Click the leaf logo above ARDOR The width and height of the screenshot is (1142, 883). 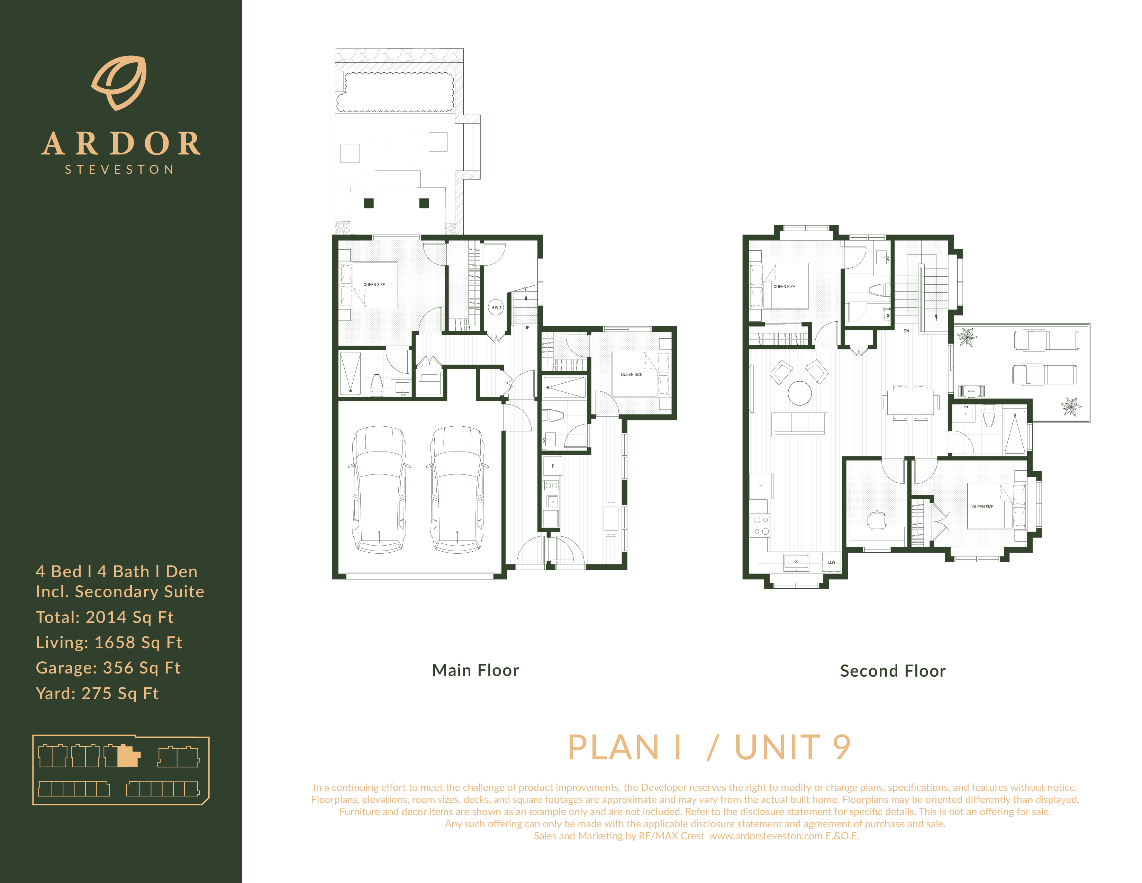[x=120, y=83]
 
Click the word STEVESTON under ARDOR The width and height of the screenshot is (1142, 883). [x=119, y=169]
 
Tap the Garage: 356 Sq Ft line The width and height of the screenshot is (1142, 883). [x=108, y=668]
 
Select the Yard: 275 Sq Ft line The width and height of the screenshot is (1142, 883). [x=97, y=694]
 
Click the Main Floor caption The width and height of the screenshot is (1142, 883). [x=475, y=670]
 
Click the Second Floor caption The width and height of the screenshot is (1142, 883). [x=892, y=671]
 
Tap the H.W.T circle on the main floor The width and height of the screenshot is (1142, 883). [x=496, y=307]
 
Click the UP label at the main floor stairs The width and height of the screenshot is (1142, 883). [x=527, y=328]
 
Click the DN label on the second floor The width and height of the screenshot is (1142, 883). [x=906, y=331]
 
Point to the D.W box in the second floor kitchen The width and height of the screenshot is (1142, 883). [x=831, y=562]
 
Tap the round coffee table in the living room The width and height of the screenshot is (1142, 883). [x=799, y=393]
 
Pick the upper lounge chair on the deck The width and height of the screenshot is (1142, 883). [x=1046, y=340]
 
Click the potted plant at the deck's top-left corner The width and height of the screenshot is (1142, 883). [x=967, y=337]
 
